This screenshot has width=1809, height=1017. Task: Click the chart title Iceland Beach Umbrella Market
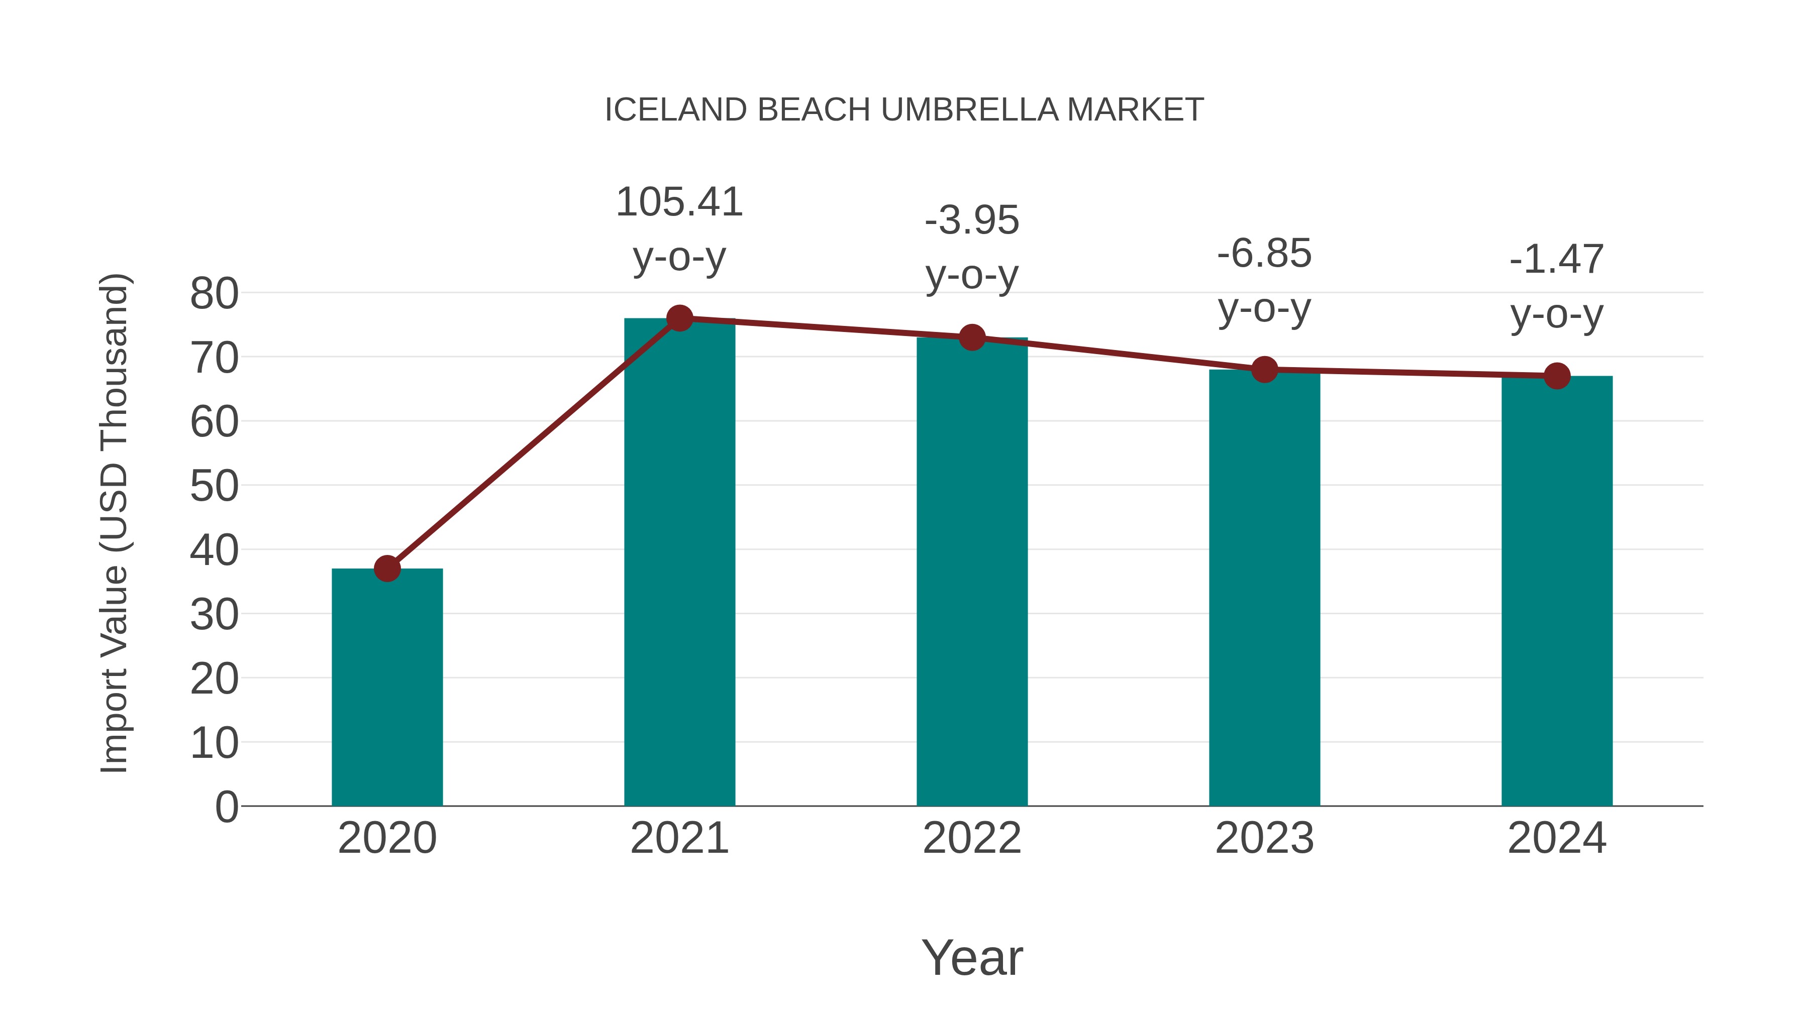[904, 110]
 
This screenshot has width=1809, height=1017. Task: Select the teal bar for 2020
[387, 688]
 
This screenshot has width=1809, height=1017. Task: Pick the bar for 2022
[972, 572]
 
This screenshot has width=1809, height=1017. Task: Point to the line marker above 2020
[387, 568]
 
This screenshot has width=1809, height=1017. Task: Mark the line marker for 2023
[1264, 369]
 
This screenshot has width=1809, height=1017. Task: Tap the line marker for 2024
[1557, 376]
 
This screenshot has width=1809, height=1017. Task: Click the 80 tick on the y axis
[214, 294]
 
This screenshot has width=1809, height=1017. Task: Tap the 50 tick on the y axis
[214, 486]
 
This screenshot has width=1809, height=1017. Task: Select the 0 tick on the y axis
[226, 807]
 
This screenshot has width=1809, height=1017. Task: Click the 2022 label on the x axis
[972, 838]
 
